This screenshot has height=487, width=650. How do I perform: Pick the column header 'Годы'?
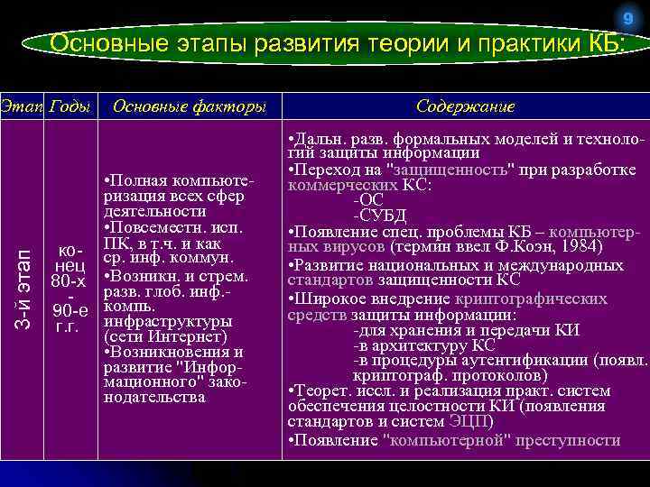click(x=70, y=106)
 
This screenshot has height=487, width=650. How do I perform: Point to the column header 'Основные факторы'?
click(x=189, y=106)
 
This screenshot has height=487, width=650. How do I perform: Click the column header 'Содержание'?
click(x=465, y=106)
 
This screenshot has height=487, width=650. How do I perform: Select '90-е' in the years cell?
click(x=70, y=312)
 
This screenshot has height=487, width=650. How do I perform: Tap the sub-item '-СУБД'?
click(x=379, y=215)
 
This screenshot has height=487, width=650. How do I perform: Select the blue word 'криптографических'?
click(x=539, y=299)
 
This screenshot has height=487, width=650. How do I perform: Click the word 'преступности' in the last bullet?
click(x=570, y=440)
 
